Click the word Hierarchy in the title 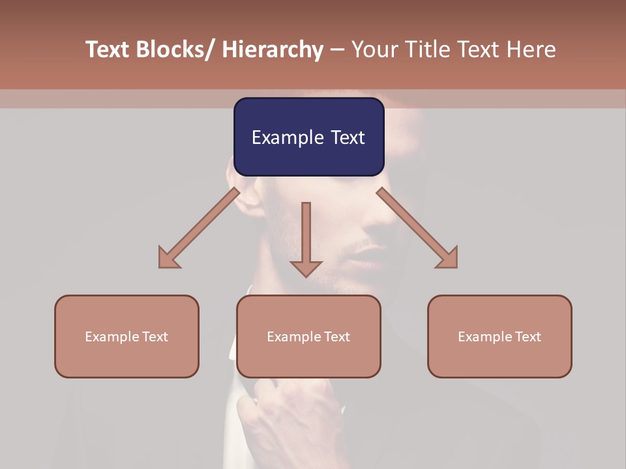coord(273,50)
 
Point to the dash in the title coord(337,50)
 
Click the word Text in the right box coord(528,337)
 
